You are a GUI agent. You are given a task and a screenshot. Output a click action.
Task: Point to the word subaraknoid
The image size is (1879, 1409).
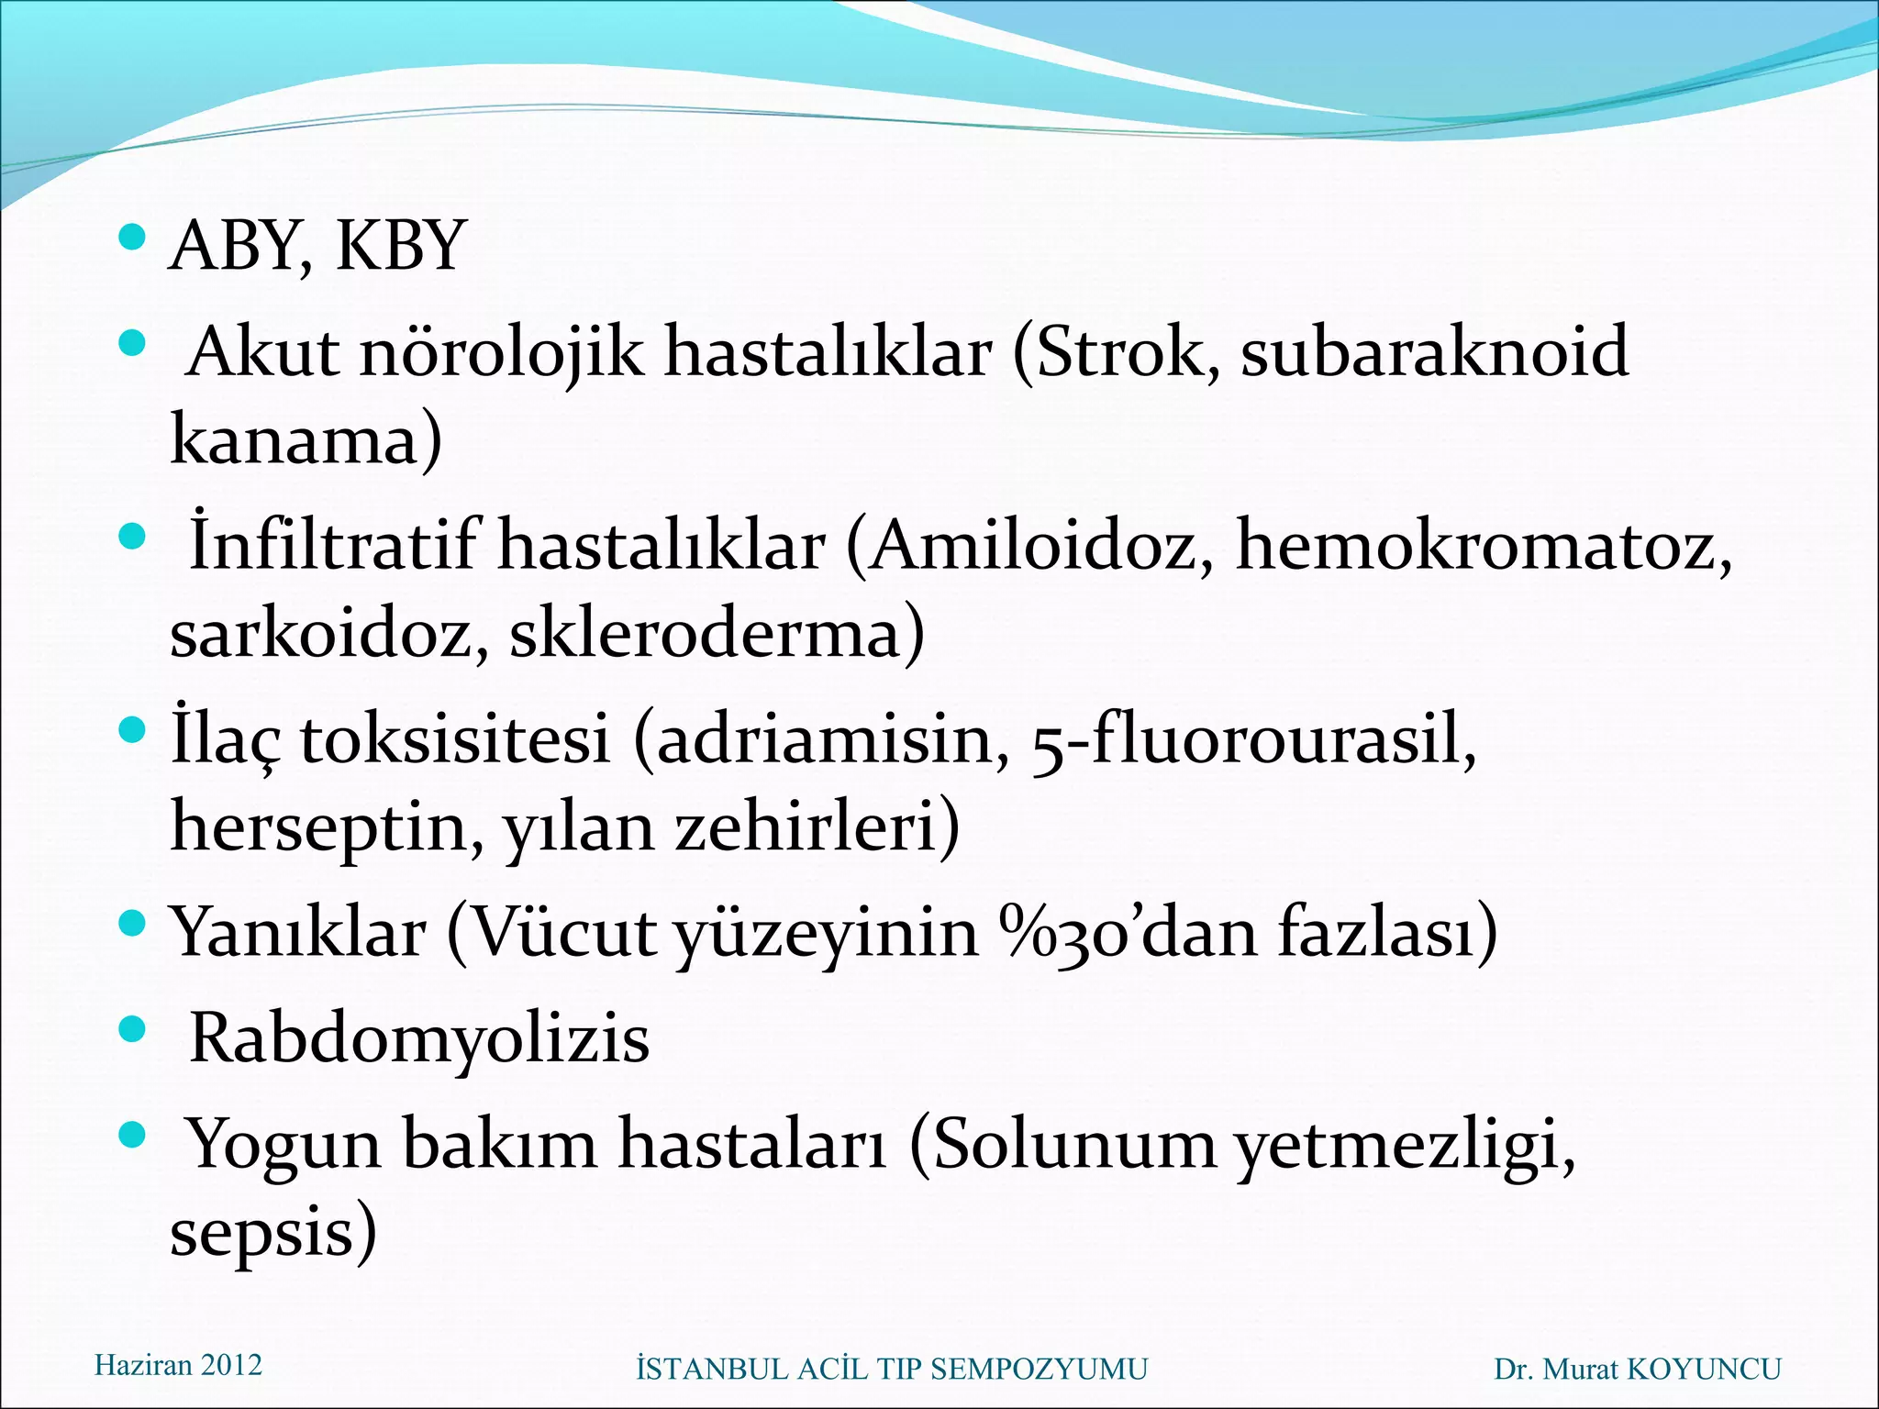click(x=1434, y=352)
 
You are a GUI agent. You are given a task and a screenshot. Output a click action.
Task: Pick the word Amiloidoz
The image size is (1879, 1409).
click(x=1042, y=547)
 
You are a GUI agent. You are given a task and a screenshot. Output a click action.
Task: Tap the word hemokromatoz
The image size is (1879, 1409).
click(x=1484, y=547)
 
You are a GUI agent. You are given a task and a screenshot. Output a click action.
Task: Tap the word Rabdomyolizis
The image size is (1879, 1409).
click(x=418, y=1039)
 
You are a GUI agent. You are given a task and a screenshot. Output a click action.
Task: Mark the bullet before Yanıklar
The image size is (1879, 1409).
click(x=133, y=921)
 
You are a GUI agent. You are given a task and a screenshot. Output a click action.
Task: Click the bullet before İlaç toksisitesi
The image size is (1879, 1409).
click(x=133, y=730)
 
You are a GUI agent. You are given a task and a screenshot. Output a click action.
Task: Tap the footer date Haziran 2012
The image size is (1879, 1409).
click(x=178, y=1366)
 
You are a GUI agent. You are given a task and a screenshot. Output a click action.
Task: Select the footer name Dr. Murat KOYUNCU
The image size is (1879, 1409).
click(x=1637, y=1370)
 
